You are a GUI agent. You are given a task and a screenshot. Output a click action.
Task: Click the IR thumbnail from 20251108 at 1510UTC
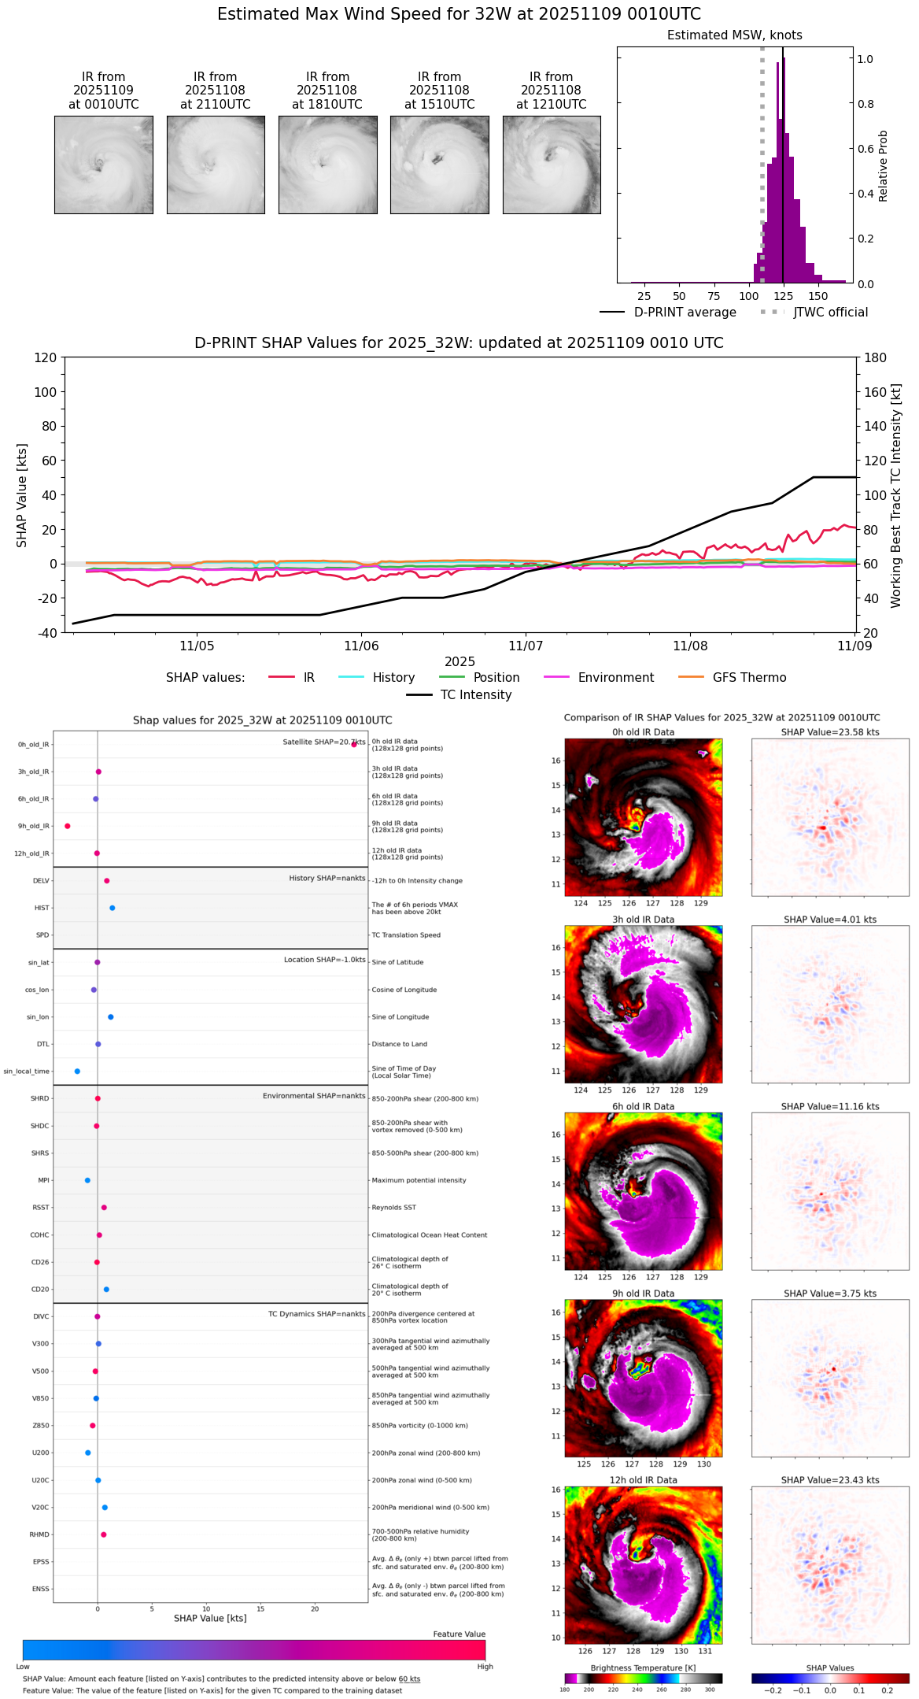(439, 165)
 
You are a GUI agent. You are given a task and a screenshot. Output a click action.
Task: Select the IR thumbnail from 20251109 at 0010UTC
(104, 165)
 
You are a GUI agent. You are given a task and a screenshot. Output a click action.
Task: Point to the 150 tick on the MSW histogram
(818, 296)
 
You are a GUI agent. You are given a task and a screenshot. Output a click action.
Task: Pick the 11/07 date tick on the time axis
(526, 646)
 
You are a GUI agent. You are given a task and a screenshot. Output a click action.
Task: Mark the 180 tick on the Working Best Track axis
(876, 357)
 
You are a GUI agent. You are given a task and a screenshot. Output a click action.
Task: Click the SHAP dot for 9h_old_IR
(68, 826)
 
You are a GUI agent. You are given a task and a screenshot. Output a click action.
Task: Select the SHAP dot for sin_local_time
(77, 1072)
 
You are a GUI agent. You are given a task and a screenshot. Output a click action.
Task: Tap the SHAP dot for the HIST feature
(113, 908)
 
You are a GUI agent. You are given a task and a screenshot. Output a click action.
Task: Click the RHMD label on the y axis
(39, 1534)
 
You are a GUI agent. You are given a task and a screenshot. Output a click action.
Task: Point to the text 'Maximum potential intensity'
(419, 1180)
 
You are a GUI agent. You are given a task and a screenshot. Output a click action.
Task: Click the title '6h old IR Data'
(643, 1106)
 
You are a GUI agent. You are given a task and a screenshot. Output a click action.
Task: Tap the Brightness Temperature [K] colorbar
(643, 1679)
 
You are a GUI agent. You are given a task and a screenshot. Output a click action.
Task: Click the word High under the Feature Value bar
(485, 1667)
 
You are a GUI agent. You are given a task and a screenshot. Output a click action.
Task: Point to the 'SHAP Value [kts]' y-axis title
(22, 495)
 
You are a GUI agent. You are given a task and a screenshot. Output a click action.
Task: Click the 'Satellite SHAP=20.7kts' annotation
(323, 742)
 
